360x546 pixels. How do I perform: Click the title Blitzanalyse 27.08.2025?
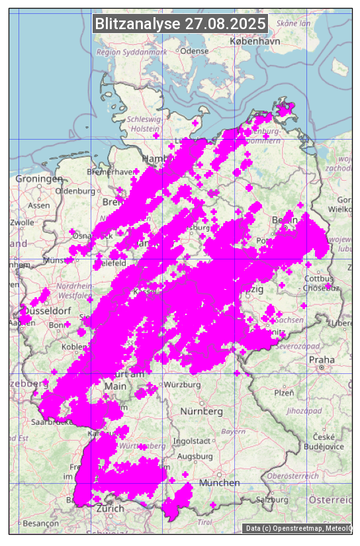click(x=180, y=24)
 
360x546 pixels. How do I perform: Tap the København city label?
click(x=255, y=41)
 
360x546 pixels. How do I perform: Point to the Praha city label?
click(x=321, y=359)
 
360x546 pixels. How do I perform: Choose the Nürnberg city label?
click(x=201, y=411)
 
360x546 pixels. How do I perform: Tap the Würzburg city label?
click(x=182, y=385)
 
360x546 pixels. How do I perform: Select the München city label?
click(x=219, y=483)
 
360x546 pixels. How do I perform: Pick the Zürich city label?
click(x=110, y=508)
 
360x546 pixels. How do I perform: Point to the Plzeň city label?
click(x=284, y=392)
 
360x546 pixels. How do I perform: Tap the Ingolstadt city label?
click(x=193, y=441)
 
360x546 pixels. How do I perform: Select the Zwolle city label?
click(x=21, y=222)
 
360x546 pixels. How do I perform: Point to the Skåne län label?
click(x=294, y=23)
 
